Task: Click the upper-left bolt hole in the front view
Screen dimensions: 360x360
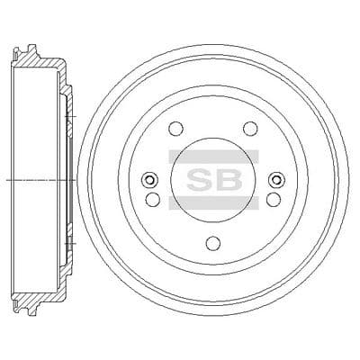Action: (x=175, y=129)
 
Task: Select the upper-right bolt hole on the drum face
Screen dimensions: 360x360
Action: (x=250, y=128)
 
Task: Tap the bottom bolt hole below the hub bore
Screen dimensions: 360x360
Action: (x=213, y=242)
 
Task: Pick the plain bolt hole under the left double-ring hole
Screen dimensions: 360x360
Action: (x=153, y=199)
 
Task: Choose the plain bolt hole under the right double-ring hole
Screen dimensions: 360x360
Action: (x=274, y=199)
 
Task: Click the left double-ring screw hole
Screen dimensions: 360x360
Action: (x=149, y=180)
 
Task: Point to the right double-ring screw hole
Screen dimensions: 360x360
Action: (x=277, y=180)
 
